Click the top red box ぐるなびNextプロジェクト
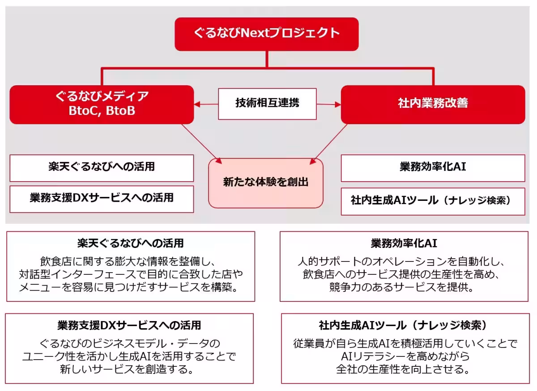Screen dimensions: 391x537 point(267,34)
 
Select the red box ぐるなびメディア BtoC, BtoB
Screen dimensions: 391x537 point(102,104)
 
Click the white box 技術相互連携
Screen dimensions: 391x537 point(267,104)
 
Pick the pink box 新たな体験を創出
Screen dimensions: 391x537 point(266,182)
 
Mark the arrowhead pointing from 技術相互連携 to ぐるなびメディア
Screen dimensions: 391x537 point(197,104)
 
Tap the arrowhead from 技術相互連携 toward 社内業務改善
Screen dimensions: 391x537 point(338,104)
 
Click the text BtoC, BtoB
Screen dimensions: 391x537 point(102,111)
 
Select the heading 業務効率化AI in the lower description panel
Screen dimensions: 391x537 point(404,243)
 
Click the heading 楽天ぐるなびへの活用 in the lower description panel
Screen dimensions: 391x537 point(130,243)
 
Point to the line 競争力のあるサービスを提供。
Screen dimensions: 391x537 point(404,287)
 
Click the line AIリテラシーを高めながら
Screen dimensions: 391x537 point(405,357)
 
